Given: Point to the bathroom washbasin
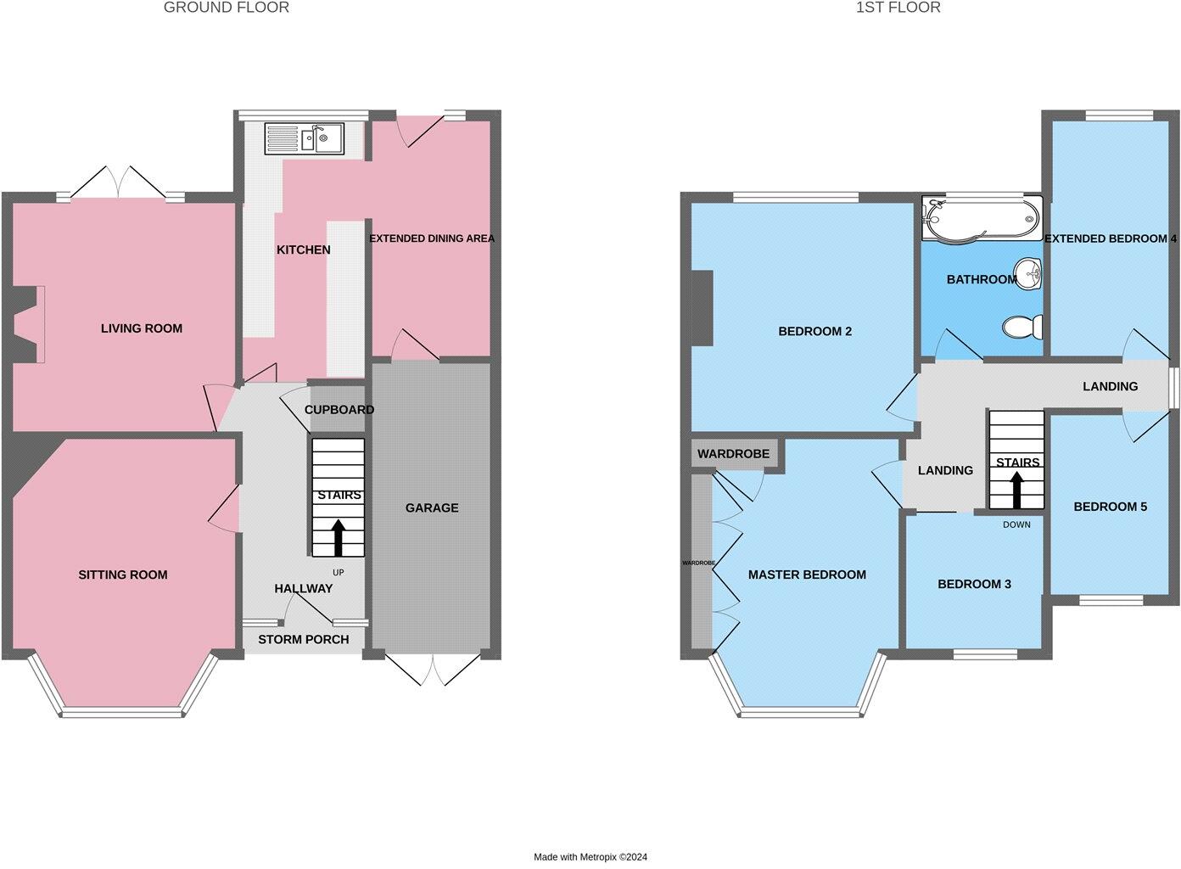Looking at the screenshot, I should click(1031, 274).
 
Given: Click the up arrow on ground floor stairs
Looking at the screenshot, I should click(339, 537).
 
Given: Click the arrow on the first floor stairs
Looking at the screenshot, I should click(1016, 488).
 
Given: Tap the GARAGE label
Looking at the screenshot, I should click(431, 507).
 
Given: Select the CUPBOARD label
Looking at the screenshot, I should click(339, 410).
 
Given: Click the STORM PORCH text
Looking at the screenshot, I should click(303, 639).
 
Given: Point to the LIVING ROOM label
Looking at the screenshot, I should click(141, 328).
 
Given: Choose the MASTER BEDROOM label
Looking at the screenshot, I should click(806, 575).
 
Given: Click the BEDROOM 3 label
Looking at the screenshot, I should click(973, 584).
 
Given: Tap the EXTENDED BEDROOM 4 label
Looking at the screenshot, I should click(1110, 238).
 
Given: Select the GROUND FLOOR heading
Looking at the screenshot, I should click(226, 8).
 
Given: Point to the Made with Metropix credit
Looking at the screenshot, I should click(590, 857).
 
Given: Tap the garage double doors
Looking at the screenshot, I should click(431, 669).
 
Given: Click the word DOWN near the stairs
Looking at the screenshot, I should click(1016, 524).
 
